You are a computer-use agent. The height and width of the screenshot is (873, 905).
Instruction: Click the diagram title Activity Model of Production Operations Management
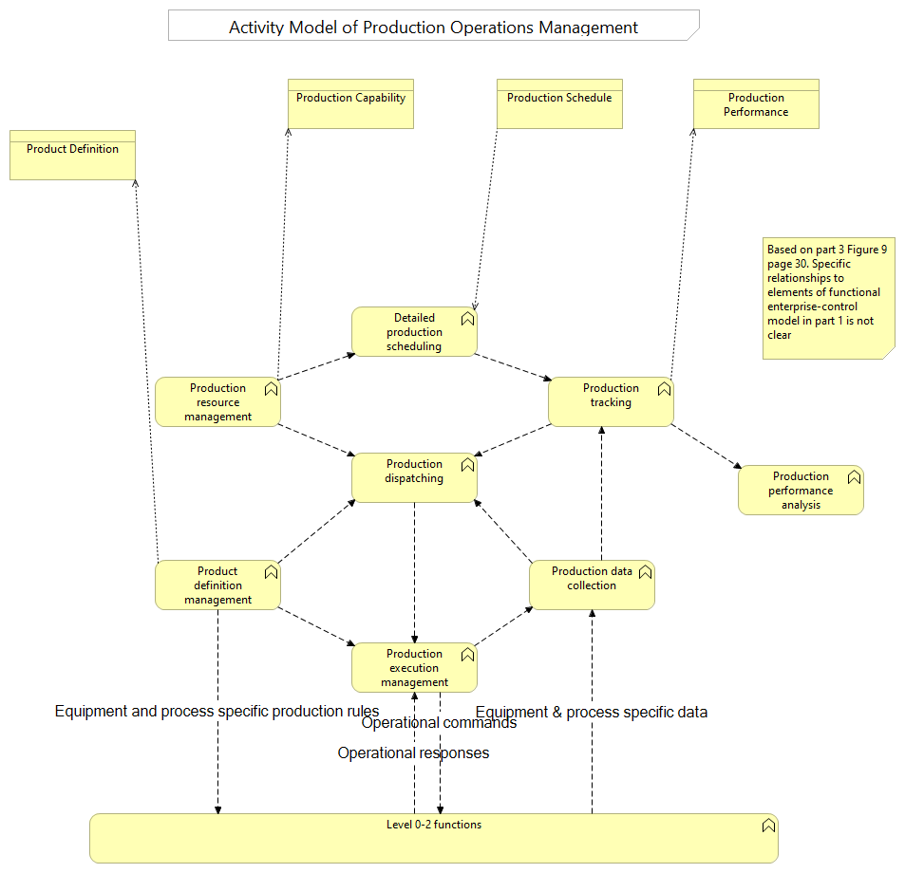433,27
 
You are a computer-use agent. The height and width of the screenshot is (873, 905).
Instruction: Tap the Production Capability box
350,103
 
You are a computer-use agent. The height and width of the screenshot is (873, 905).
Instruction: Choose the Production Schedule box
559,103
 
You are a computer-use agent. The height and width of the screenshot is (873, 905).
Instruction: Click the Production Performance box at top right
756,104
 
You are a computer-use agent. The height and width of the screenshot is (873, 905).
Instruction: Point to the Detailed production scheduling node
414,332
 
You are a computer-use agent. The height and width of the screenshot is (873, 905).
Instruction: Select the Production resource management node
217,402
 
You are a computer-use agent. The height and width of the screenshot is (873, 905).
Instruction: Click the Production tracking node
611,401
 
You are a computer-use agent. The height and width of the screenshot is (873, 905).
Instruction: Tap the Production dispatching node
414,477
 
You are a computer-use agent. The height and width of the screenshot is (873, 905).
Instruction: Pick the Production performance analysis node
801,491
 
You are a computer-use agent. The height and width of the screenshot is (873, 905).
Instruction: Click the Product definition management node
217,585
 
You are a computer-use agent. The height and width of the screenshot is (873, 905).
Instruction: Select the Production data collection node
592,585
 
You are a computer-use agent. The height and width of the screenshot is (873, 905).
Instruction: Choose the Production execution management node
414,668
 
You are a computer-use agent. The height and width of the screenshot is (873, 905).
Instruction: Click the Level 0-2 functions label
433,825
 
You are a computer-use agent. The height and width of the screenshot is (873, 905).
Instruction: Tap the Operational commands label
440,723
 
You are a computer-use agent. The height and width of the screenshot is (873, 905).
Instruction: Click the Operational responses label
413,752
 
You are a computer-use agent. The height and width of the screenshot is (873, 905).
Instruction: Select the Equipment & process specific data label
591,712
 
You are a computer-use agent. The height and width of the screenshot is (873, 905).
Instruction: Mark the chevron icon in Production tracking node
664,389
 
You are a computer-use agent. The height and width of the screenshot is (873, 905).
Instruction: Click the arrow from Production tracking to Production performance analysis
707,446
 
